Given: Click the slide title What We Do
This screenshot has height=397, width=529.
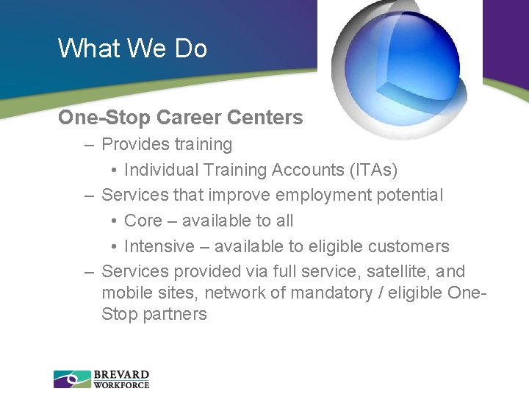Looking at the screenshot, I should click(132, 49).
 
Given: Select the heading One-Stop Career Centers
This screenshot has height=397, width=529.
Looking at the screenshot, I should click(180, 118).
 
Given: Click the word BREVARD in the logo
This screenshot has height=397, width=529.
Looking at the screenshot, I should click(121, 374).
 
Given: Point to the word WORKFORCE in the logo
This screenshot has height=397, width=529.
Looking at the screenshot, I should click(121, 385).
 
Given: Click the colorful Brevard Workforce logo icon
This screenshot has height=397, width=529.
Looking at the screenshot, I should click(72, 379).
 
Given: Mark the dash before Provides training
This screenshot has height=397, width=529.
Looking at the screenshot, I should click(89, 145).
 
